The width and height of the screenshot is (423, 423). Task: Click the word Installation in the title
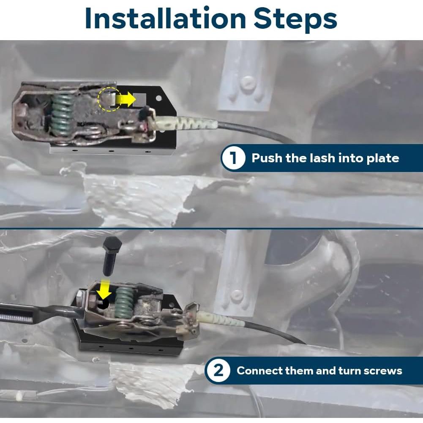[165, 18]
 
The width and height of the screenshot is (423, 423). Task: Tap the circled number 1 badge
[233, 158]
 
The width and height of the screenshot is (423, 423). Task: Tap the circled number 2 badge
[218, 371]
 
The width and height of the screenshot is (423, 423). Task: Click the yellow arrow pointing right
[126, 99]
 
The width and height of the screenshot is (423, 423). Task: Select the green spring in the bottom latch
[124, 302]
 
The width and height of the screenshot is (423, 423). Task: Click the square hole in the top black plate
[139, 100]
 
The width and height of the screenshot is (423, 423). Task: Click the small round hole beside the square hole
[158, 98]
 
